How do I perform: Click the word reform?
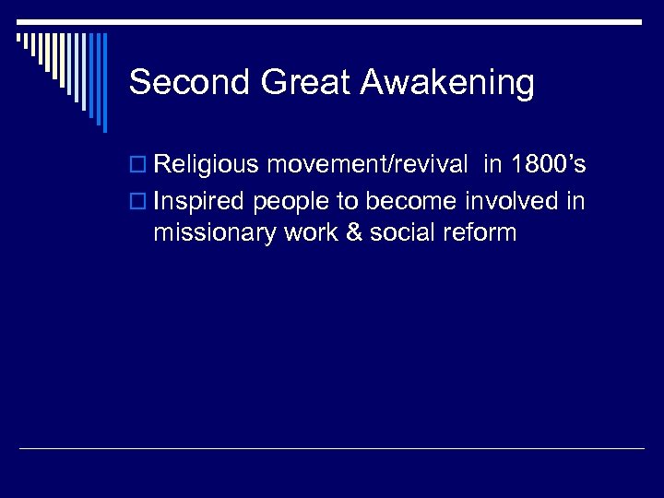(480, 233)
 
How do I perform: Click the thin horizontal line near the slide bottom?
(332, 449)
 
